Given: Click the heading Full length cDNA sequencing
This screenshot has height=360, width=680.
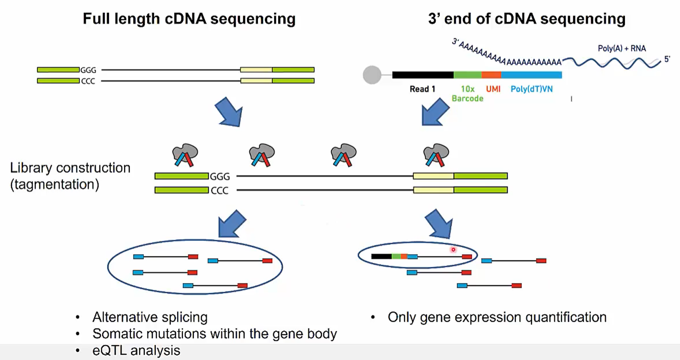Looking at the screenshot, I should coord(188,19).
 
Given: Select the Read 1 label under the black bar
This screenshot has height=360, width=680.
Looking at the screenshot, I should coord(422,89).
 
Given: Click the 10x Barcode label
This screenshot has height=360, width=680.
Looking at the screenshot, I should coord(467,93).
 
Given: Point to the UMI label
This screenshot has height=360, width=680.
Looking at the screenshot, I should coord(493,89).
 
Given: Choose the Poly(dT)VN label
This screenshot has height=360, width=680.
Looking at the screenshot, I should coord(532,89).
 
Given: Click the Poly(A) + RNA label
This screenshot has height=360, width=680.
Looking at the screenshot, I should coord(622,48).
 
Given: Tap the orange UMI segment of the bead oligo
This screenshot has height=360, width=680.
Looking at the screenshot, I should coord(491,75).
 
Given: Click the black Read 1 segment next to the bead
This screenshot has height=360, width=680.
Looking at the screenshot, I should coord(422,75).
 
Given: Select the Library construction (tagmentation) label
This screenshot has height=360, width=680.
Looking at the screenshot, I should coord(70,177).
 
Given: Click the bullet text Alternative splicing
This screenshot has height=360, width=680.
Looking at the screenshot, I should coord(150,317).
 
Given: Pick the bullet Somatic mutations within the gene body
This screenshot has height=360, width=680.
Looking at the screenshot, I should coord(214,334).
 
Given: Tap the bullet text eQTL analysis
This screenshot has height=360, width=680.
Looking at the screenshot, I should coord(136,351).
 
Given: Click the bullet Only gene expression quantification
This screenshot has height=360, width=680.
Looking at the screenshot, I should coord(497,317).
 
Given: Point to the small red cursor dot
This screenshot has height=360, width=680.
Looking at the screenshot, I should coord(453,250).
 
